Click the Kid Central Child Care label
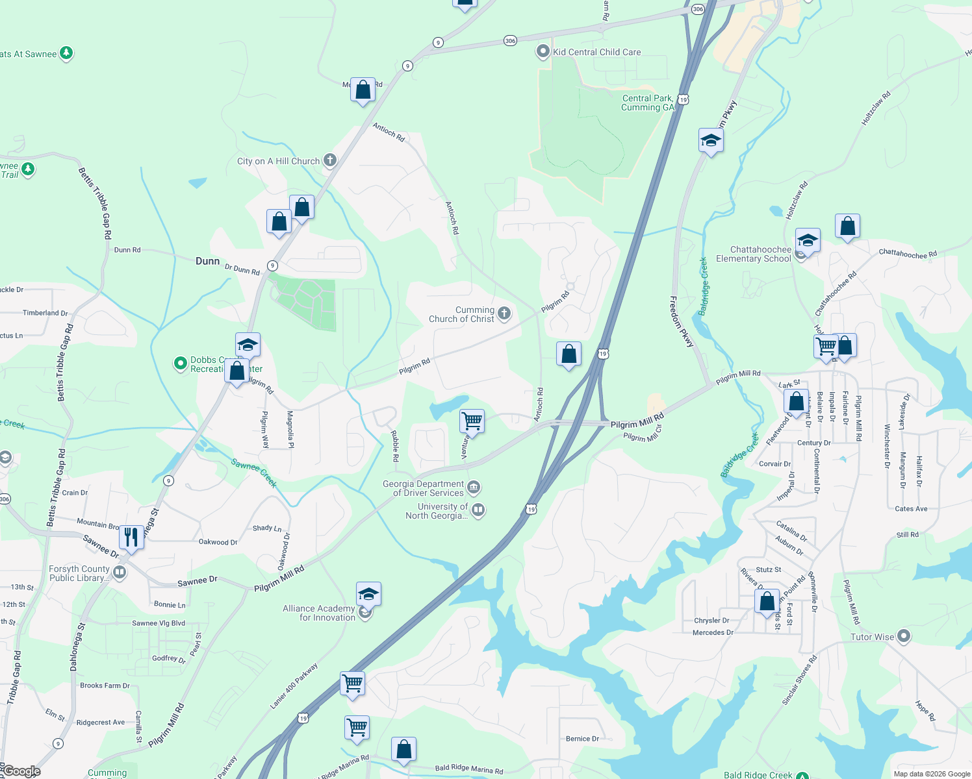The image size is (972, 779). pyautogui.click(x=596, y=52)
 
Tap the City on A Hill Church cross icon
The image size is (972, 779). pyautogui.click(x=330, y=160)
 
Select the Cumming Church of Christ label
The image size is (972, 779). pyautogui.click(x=462, y=314)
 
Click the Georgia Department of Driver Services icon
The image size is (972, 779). pyautogui.click(x=474, y=487)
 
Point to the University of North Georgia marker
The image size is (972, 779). pyautogui.click(x=478, y=510)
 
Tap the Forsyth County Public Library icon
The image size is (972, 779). pyautogui.click(x=120, y=573)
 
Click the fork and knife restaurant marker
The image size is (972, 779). pyautogui.click(x=131, y=538)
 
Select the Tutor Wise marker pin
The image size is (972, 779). pyautogui.click(x=904, y=636)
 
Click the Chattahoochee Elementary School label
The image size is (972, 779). pyautogui.click(x=754, y=254)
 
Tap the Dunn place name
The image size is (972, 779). pyautogui.click(x=207, y=261)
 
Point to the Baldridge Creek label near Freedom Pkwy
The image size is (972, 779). pyautogui.click(x=703, y=286)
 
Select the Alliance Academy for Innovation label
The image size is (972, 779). pyautogui.click(x=319, y=613)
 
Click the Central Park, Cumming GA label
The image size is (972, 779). pyautogui.click(x=648, y=103)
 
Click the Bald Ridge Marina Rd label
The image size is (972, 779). pyautogui.click(x=469, y=769)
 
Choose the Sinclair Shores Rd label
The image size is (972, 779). pyautogui.click(x=799, y=680)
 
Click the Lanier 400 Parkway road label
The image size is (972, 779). pyautogui.click(x=294, y=686)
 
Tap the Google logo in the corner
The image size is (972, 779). pyautogui.click(x=21, y=771)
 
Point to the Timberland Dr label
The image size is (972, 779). pyautogui.click(x=45, y=313)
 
